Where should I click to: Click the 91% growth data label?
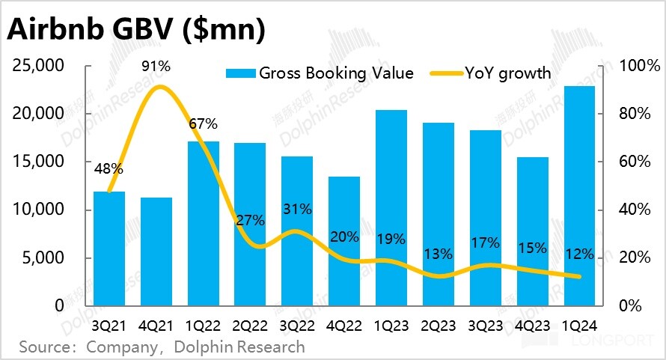pyautogui.click(x=156, y=66)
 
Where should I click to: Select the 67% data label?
pyautogui.click(x=203, y=123)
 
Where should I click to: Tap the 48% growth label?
pyautogui.click(x=109, y=169)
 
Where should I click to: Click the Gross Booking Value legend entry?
pyautogui.click(x=320, y=73)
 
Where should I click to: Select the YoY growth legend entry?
pyautogui.click(x=491, y=73)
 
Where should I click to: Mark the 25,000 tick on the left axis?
pyautogui.click(x=39, y=66)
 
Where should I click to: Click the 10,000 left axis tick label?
pyautogui.click(x=39, y=210)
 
